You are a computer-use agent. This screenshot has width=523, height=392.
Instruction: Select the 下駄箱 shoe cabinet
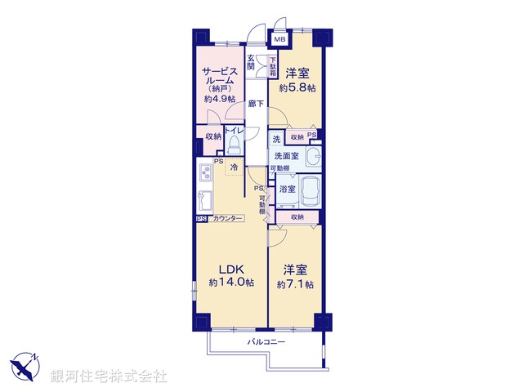click(273, 64)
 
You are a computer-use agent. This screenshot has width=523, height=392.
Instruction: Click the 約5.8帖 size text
click(296, 87)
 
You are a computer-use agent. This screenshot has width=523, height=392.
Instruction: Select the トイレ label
click(233, 131)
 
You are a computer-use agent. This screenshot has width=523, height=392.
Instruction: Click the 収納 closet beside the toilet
click(212, 136)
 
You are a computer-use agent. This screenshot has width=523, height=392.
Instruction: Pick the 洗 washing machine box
click(277, 139)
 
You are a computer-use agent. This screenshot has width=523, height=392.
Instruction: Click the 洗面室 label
click(286, 156)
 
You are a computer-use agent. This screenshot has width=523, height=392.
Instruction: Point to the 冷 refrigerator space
click(234, 168)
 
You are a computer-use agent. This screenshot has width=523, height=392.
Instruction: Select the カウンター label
click(226, 219)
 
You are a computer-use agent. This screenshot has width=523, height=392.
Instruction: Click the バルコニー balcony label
click(266, 341)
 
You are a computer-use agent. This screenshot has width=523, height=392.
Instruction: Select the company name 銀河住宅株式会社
click(109, 376)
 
